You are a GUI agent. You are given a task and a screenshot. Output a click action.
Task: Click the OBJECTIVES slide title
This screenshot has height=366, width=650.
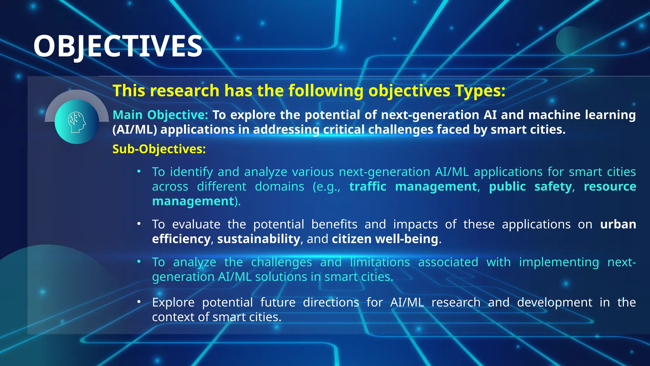pyautogui.click(x=118, y=46)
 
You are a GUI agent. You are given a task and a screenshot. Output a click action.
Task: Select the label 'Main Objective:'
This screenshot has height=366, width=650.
pyautogui.click(x=160, y=115)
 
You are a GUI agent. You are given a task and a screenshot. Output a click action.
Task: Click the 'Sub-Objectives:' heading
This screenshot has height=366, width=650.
pyautogui.click(x=159, y=149)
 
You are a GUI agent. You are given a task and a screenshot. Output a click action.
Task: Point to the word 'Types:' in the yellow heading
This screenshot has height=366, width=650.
pyautogui.click(x=480, y=91)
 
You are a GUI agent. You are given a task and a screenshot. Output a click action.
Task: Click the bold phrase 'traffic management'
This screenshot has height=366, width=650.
pyautogui.click(x=413, y=186)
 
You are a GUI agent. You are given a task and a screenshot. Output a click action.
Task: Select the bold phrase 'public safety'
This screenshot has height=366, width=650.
pyautogui.click(x=530, y=186)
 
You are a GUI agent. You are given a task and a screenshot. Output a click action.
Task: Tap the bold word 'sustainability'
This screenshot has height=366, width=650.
pyautogui.click(x=258, y=239)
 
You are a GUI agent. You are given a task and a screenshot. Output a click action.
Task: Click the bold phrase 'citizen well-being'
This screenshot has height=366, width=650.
pyautogui.click(x=385, y=239)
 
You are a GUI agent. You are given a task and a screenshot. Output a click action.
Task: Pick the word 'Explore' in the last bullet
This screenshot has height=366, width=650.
pyautogui.click(x=173, y=302)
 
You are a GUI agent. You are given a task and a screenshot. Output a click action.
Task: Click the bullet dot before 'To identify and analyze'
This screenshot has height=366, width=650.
pyautogui.click(x=139, y=172)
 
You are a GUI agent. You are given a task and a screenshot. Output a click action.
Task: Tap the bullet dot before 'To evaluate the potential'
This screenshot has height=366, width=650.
pyautogui.click(x=139, y=224)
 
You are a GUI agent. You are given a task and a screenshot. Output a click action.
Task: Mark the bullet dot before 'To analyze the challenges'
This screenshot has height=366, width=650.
pyautogui.click(x=139, y=262)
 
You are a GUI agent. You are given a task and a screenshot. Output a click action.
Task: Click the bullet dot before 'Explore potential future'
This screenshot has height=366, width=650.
pyautogui.click(x=139, y=302)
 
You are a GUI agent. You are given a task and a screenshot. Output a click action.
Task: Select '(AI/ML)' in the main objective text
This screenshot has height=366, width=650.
pyautogui.click(x=135, y=130)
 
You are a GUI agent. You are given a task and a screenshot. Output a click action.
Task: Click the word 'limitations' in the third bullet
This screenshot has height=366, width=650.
pyautogui.click(x=380, y=262)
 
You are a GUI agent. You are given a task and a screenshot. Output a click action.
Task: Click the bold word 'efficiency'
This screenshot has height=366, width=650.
pyautogui.click(x=181, y=239)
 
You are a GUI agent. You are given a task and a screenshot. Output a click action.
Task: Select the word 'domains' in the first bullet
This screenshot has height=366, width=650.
pyautogui.click(x=279, y=186)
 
